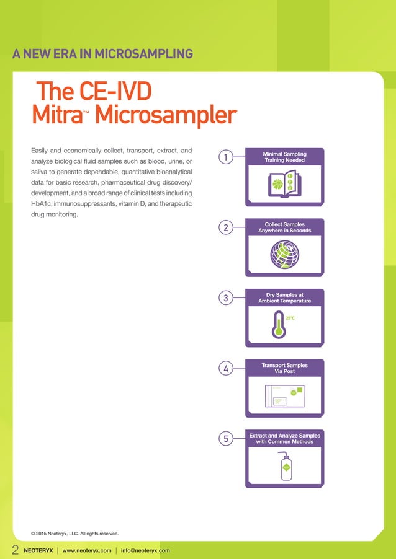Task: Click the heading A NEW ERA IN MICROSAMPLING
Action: point(102,54)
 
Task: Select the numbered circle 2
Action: point(226,229)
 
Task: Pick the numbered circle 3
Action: point(226,299)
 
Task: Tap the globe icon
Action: point(284,253)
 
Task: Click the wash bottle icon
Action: point(285,466)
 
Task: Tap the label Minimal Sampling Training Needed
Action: point(285,157)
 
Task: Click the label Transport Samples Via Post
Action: point(285,368)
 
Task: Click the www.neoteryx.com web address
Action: point(87,550)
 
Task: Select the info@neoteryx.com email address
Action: point(145,550)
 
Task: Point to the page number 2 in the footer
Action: point(16,550)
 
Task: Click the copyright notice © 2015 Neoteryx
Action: point(74,533)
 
